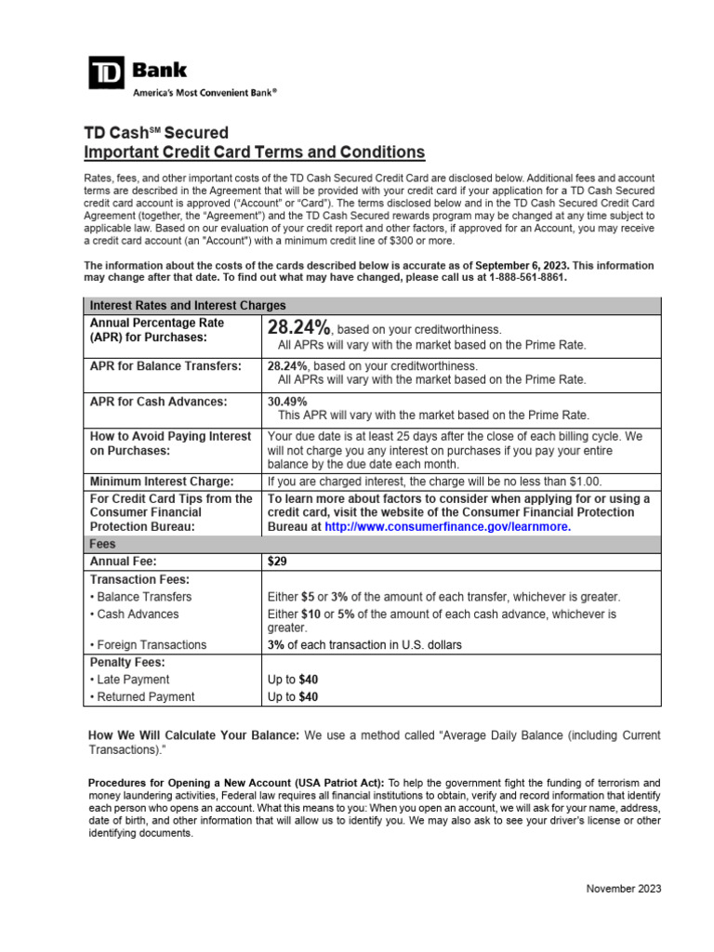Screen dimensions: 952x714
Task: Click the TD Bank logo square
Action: (x=107, y=73)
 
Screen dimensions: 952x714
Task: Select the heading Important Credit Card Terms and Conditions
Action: (x=255, y=152)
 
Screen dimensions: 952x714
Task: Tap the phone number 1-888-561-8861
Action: (x=518, y=277)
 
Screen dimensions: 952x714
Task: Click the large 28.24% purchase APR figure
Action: (x=298, y=328)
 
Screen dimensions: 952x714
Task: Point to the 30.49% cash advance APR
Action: (x=287, y=401)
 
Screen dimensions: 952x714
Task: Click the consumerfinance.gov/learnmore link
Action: (x=448, y=526)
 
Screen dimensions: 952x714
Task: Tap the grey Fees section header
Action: (x=102, y=544)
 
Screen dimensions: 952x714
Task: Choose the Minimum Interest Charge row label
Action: (x=162, y=482)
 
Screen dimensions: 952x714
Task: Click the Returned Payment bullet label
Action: (x=141, y=696)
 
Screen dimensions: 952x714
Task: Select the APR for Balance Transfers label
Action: (x=164, y=366)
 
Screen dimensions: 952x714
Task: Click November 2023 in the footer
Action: (x=623, y=889)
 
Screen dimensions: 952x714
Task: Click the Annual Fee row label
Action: (x=123, y=562)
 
